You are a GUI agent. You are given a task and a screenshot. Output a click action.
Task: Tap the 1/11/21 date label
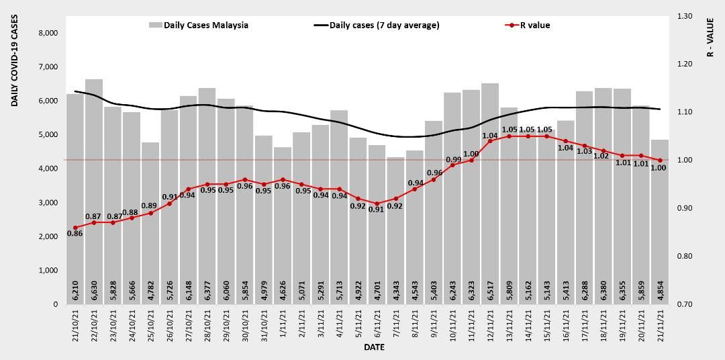[x=283, y=322]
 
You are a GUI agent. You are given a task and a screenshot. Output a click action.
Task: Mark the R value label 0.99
[x=454, y=159]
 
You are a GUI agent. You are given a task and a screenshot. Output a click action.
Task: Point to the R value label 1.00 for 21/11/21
[x=659, y=168]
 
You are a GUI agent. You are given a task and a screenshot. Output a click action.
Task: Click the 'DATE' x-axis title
[x=374, y=348]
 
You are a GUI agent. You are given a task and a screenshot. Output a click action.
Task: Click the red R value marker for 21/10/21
[x=75, y=227]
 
